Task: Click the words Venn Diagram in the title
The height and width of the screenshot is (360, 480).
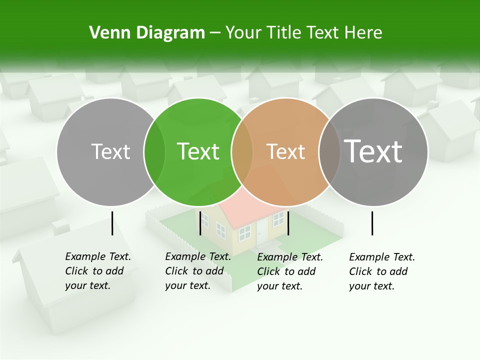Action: [147, 33]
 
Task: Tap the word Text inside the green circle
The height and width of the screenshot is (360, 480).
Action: [198, 151]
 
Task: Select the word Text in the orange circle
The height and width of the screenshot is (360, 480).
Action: [285, 151]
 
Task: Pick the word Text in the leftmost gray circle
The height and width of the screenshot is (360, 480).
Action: [110, 151]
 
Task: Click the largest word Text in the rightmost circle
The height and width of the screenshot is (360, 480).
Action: [373, 151]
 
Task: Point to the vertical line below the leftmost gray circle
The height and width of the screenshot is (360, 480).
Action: [112, 223]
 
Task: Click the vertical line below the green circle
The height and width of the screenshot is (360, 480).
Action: [200, 223]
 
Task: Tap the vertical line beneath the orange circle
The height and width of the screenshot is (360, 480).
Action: [288, 223]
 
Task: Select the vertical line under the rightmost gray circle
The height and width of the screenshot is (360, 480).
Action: [372, 223]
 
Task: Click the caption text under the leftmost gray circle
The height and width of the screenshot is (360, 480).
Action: [98, 271]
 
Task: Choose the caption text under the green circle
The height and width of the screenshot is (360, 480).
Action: [198, 271]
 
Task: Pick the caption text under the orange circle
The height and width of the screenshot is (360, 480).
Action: [290, 271]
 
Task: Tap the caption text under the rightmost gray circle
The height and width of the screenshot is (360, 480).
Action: [382, 271]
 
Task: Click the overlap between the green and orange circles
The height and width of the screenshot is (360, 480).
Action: [242, 152]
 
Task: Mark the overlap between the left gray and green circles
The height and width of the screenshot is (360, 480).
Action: [154, 152]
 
